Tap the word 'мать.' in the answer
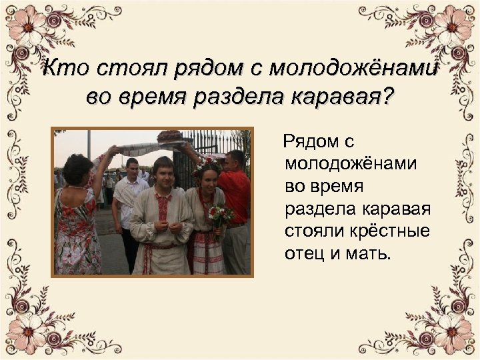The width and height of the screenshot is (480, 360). point(365,254)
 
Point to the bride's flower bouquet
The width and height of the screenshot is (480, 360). point(219,215)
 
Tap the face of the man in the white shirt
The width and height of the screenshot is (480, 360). point(132,166)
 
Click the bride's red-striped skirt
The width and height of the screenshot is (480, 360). point(207,253)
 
